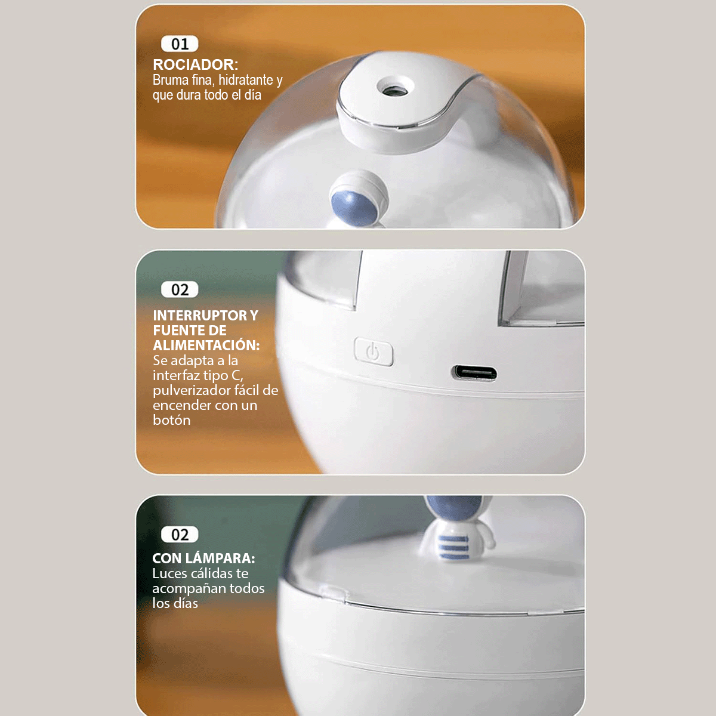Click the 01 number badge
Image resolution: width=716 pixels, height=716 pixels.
(x=180, y=44)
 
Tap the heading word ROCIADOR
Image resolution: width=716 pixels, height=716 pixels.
(x=194, y=64)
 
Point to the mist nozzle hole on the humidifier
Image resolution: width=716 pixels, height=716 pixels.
(x=394, y=90)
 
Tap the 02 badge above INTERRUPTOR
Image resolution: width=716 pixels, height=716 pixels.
(x=180, y=290)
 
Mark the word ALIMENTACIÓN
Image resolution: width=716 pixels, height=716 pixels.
(x=206, y=345)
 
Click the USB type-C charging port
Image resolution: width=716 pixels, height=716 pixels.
(x=474, y=374)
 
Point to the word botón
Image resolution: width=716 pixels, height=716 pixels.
(x=172, y=420)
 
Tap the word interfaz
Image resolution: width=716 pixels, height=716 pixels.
(x=177, y=375)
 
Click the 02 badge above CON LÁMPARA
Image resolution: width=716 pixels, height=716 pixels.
(x=180, y=535)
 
